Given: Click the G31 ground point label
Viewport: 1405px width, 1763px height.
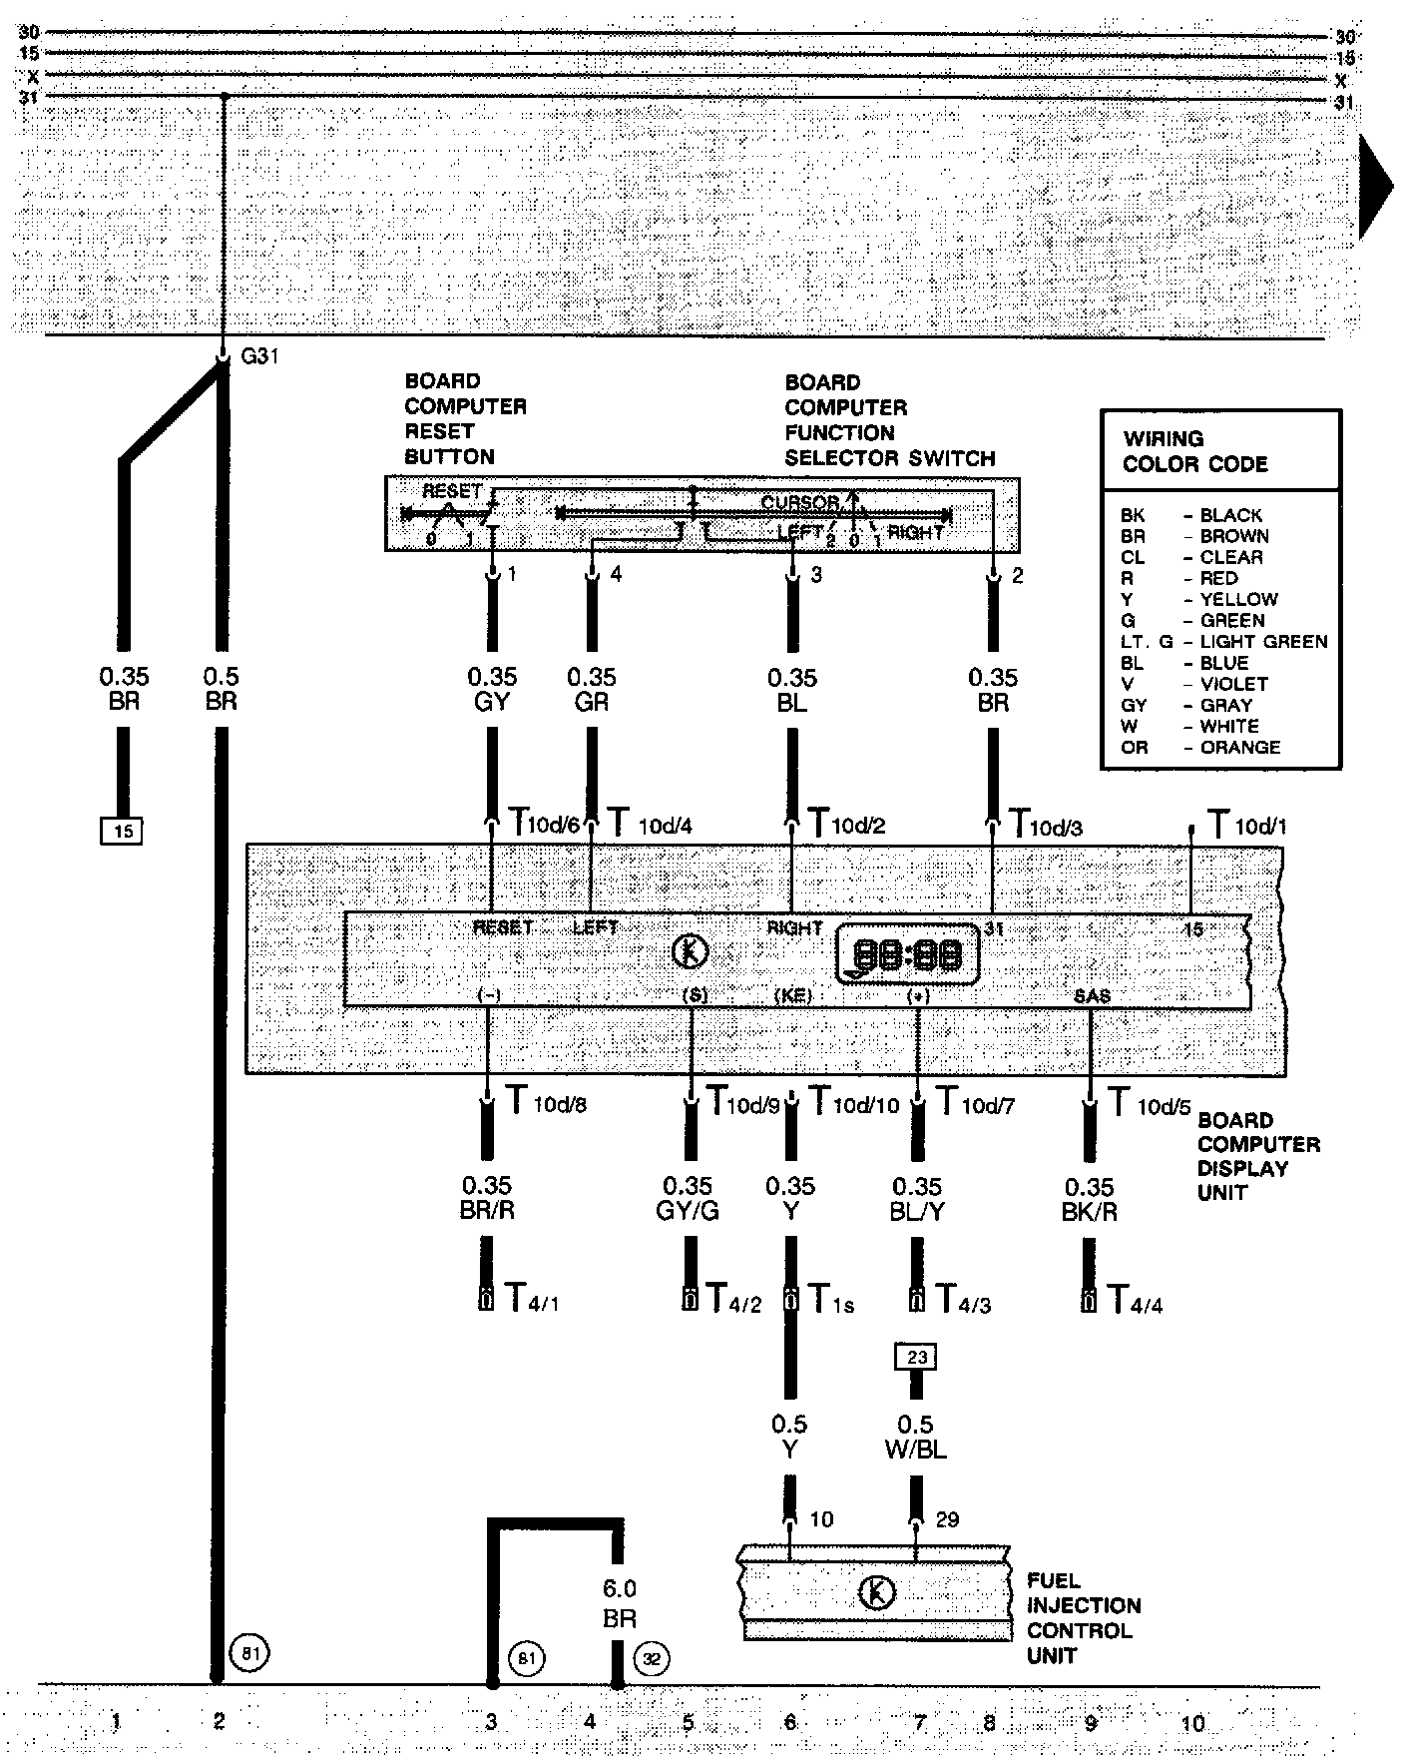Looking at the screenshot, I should [259, 356].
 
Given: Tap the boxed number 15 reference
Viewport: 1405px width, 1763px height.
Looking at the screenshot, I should [123, 830].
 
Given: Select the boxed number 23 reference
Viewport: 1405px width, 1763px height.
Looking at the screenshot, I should [917, 1357].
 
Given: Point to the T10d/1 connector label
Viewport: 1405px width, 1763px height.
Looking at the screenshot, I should [1247, 826].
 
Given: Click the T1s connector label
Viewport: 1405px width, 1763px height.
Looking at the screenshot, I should [830, 1301].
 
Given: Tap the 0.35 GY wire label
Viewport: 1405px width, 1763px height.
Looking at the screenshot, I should [492, 690].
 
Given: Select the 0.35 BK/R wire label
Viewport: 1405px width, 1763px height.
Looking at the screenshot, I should [1089, 1199].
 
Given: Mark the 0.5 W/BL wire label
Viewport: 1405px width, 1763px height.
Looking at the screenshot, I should [915, 1437].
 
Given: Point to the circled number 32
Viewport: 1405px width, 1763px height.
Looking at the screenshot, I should [652, 1659].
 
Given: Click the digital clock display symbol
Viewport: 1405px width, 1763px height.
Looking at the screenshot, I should [907, 954].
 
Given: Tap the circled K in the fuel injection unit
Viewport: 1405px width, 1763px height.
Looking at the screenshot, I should [877, 1592].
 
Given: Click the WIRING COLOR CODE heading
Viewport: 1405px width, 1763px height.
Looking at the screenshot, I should [1194, 451].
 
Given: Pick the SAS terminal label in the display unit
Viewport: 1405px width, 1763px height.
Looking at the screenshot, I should [1092, 996].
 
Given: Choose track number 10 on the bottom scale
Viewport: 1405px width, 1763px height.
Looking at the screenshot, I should [1192, 1722].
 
